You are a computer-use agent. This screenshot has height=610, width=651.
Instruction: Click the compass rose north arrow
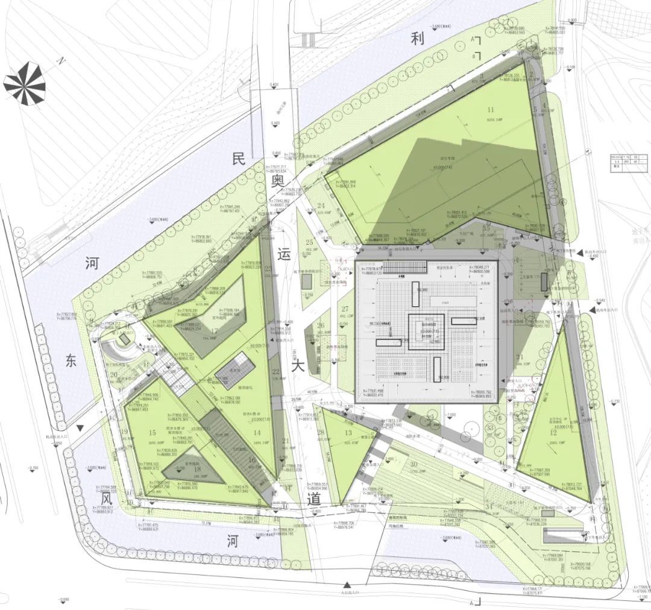24,84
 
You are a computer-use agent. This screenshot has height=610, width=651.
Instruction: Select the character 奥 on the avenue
277,180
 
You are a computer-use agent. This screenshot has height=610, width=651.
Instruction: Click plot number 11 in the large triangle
490,110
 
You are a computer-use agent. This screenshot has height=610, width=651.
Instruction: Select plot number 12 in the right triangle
553,432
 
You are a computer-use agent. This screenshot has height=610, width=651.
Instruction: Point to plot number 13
348,433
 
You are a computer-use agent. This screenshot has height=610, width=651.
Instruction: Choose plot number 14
257,433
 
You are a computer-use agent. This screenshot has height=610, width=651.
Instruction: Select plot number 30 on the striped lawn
414,464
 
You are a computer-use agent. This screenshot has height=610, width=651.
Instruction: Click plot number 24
321,206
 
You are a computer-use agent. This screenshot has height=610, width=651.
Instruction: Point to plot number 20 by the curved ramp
113,374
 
